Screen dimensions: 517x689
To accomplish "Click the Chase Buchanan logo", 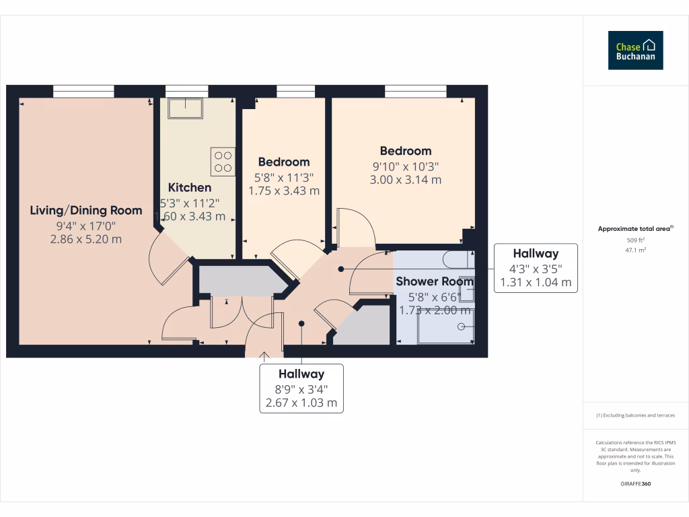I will [635, 50].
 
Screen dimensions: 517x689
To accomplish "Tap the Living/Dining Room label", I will [86, 211].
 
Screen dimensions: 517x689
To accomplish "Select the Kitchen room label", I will [190, 188].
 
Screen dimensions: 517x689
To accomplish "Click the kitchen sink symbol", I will [186, 107].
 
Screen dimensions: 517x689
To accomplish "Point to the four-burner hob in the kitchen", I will [223, 162].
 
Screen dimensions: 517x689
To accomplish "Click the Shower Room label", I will [435, 281].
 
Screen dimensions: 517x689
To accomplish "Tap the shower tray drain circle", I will [462, 326].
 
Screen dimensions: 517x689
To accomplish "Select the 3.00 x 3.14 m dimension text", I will [406, 180].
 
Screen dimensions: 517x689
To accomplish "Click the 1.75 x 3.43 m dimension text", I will [284, 191].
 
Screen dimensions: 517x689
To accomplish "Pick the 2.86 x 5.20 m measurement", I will [86, 239].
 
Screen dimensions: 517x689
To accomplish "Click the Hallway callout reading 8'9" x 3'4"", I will [301, 388].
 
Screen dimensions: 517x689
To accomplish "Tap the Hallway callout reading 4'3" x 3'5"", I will [536, 268].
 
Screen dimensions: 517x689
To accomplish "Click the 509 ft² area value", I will [636, 239].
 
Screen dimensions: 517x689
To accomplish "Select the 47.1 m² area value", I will [636, 249].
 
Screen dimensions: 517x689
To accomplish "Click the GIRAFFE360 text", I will [636, 484].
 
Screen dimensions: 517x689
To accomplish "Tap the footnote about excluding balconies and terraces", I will [636, 415].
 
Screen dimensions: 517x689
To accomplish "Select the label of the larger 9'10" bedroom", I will [406, 151].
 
